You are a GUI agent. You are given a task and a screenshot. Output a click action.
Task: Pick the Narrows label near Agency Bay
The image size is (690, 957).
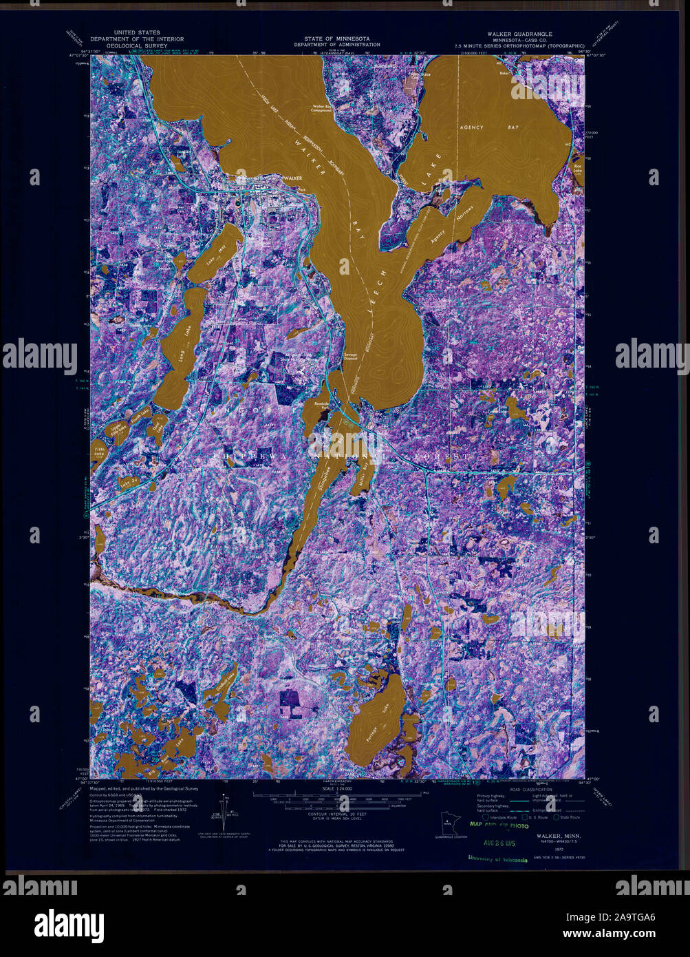[x=466, y=213]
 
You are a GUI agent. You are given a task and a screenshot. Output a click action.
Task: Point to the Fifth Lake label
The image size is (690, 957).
[x=100, y=450]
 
